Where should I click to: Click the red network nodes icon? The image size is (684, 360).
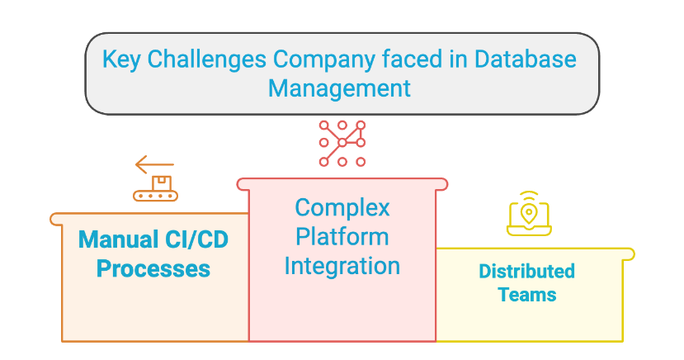[342, 143]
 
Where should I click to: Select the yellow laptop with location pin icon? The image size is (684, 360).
[529, 214]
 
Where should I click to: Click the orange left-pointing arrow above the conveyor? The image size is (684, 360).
[155, 164]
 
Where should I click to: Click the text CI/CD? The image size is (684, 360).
[198, 240]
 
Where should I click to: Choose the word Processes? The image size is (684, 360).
[153, 268]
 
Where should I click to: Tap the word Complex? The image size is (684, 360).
[342, 206]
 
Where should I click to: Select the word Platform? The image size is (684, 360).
[342, 236]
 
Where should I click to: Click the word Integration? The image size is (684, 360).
[342, 266]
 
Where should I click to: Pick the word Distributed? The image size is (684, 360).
[527, 271]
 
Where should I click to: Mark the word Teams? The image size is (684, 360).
[527, 294]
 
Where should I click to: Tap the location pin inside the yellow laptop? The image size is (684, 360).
[529, 213]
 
